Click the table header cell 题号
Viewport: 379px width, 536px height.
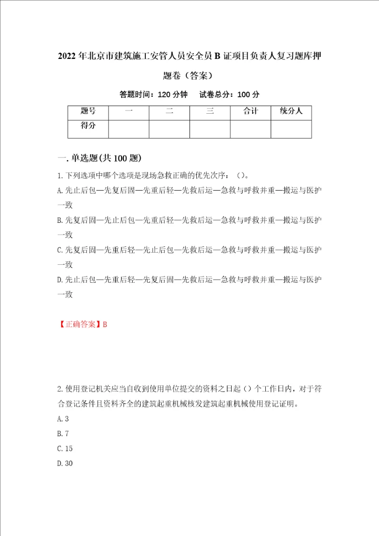pos(88,111)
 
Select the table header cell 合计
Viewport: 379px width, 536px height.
pos(251,111)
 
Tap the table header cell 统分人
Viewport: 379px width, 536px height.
pos(291,111)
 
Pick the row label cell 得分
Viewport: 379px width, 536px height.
pos(88,126)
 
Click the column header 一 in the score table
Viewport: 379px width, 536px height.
pos(129,111)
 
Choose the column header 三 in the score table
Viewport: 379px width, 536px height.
pos(210,111)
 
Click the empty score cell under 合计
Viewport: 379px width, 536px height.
pos(251,129)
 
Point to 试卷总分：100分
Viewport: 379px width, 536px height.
pos(230,95)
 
